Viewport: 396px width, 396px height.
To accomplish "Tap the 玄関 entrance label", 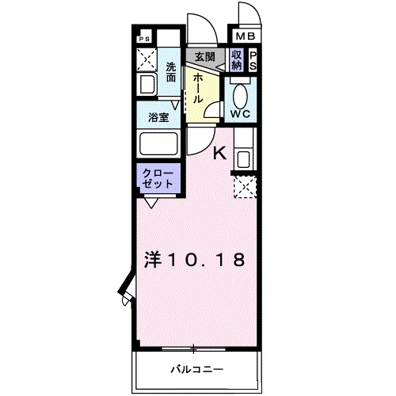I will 206,56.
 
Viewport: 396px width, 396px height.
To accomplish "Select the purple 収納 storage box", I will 237,60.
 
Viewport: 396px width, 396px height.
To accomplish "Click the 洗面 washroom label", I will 172,72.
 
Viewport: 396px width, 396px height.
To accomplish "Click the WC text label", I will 240,113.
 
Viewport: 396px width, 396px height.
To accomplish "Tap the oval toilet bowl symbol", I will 241,93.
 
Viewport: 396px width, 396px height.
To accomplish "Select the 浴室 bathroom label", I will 158,117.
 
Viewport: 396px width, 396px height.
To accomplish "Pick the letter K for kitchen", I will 219,154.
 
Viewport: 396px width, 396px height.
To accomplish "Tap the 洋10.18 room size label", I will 193,259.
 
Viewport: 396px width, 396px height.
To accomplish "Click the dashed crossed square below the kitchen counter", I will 243,187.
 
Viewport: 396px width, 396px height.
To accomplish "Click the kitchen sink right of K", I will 242,158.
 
